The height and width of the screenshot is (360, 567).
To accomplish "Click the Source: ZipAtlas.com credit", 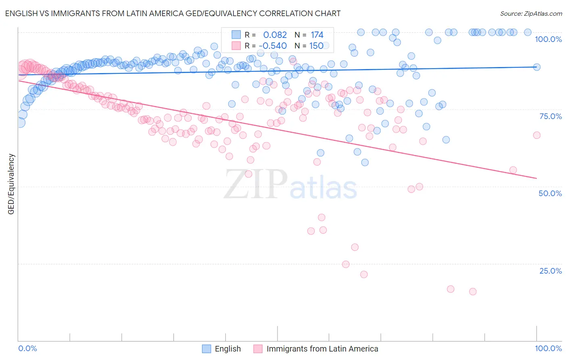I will coord(531,13).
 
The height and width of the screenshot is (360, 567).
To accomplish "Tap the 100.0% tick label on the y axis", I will coord(548,39).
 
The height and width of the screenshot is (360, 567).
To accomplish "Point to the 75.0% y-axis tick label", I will coord(550,116).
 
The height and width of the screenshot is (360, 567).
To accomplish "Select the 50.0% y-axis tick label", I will coord(550,193).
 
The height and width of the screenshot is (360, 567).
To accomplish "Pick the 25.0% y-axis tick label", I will coord(550,271).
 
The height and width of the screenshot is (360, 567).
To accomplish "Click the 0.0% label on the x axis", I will coord(27,348).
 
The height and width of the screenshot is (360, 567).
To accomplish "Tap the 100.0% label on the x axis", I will coord(548,348).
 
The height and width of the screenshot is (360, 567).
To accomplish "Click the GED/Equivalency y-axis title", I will coord(11,184).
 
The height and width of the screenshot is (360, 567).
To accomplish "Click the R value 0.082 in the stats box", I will coord(275,35).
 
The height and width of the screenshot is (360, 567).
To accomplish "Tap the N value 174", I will coord(317,35).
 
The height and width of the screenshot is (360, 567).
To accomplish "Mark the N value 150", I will coord(316,46).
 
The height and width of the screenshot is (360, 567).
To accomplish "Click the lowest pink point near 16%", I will coord(473,291).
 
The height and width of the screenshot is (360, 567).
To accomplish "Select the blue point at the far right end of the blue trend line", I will coord(537,67).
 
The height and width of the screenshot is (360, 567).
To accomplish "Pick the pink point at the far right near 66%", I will coord(537,135).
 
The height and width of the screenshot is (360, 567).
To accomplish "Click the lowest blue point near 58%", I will coord(365,162).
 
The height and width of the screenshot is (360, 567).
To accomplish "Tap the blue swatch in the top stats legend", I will coord(236,35).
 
